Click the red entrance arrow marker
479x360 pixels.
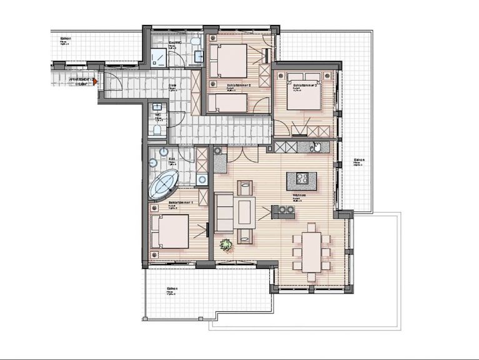click(x=94, y=81)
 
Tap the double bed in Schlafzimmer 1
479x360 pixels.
click(x=170, y=231)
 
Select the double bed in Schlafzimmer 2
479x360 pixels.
click(x=304, y=92)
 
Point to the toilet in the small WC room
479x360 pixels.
click(x=157, y=130)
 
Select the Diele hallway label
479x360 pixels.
click(x=172, y=86)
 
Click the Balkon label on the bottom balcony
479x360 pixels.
click(x=171, y=289)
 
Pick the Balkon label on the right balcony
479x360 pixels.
click(x=358, y=161)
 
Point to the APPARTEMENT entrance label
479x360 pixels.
click(x=81, y=81)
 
